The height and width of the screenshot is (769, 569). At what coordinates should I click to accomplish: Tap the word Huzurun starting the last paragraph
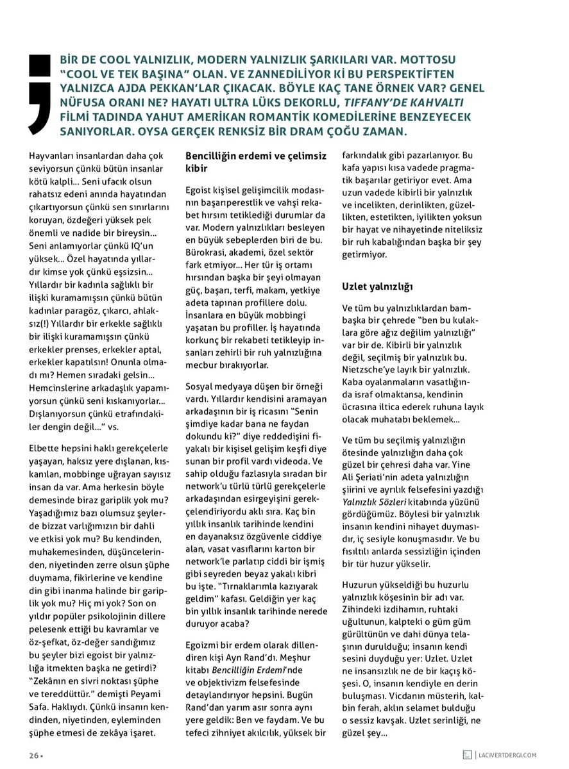pos(361,585)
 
